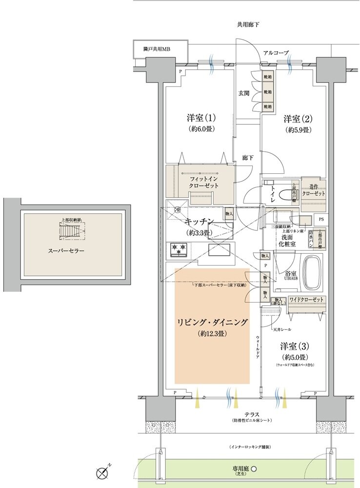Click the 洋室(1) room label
pyautogui.click(x=201, y=119)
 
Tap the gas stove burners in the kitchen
pyautogui.click(x=178, y=250)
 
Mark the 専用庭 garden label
pyautogui.click(x=244, y=469)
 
